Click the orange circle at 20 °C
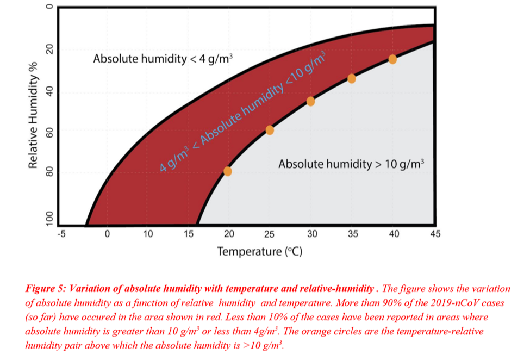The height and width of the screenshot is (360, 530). point(228,171)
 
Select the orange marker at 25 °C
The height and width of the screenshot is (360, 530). point(270,130)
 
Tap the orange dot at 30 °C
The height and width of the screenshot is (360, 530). point(310,101)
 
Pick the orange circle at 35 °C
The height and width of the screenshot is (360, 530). point(352,78)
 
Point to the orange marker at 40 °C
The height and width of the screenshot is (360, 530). point(392,59)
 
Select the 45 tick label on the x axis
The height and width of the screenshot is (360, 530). point(434,234)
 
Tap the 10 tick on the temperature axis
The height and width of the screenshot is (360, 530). point(148,234)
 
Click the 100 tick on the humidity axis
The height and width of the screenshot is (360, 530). point(49,218)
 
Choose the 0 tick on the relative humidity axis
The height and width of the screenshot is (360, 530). point(49,8)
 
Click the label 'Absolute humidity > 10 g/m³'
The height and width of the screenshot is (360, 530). point(351,164)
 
